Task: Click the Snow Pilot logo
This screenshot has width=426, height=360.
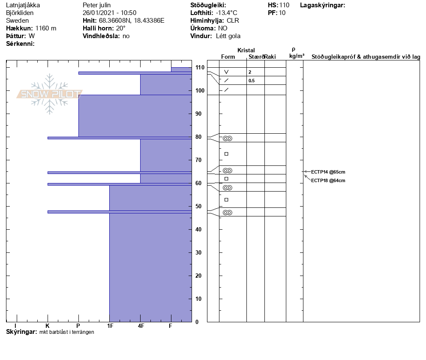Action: pos(50,94)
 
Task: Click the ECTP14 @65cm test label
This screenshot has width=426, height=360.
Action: pos(328,172)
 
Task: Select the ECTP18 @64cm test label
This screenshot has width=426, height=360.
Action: pos(328,180)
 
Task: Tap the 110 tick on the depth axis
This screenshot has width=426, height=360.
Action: pos(200,67)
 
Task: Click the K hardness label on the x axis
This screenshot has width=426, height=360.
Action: pos(48,326)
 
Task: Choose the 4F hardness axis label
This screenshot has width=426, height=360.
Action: pos(141,326)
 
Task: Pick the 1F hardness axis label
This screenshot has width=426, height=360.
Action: pos(110,326)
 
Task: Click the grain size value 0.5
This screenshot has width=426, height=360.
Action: pos(252,81)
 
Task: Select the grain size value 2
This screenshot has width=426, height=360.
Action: pos(250,72)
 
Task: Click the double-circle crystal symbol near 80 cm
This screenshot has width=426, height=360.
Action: pos(227,138)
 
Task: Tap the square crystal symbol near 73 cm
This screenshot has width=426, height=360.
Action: pos(226,154)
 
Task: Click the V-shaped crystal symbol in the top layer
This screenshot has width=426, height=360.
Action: pos(226,72)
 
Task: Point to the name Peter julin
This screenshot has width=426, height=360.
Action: pos(96,5)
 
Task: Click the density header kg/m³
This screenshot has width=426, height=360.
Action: pos(297,56)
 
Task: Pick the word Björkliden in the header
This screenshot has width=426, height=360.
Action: pos(20,13)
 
